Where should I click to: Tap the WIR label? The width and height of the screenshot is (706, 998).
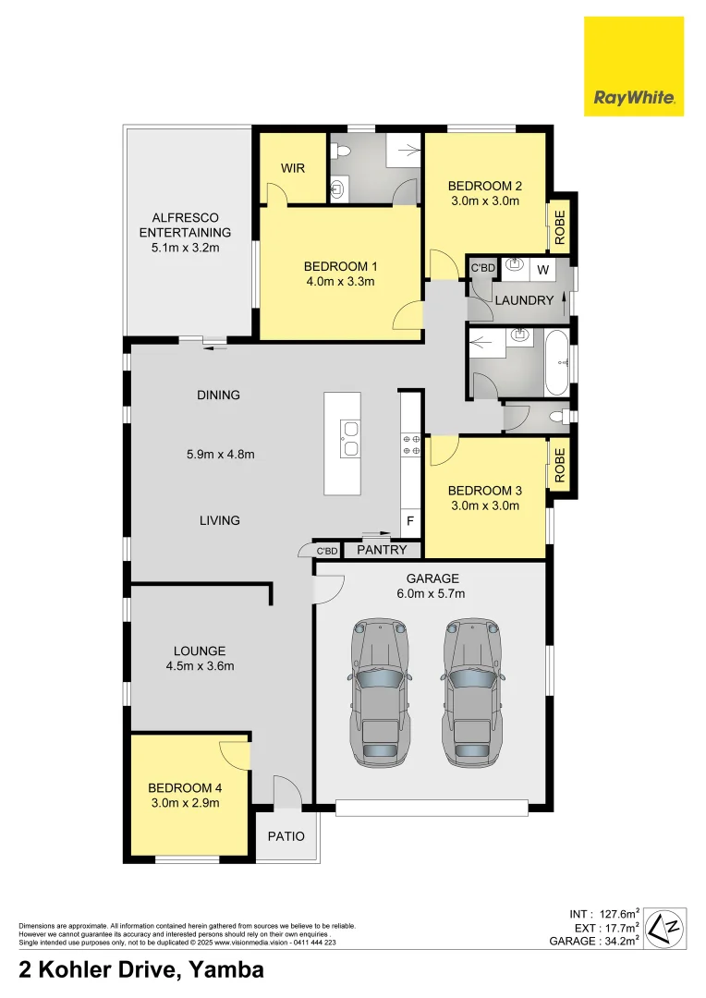293,169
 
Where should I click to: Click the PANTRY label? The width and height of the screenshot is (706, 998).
382,550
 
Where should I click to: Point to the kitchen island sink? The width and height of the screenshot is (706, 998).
349,438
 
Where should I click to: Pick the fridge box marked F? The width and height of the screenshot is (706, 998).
410,521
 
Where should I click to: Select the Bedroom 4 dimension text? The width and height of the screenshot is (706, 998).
186,804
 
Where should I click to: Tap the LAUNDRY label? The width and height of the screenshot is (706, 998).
524,300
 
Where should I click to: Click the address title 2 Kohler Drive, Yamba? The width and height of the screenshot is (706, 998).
141,969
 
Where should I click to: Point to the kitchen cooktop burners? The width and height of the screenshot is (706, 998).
410,444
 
